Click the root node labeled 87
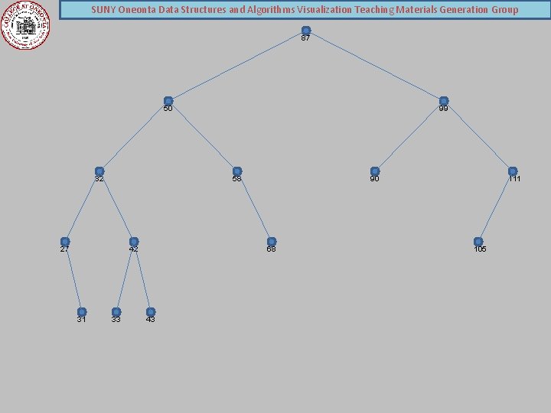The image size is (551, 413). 306,31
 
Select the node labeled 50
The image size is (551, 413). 168,101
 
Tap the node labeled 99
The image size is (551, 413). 444,101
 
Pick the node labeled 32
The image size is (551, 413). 99,171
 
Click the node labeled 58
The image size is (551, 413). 237,171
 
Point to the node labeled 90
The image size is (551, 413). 375,171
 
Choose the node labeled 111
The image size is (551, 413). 513,171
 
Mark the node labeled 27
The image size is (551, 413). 65,242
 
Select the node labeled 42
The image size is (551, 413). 134,242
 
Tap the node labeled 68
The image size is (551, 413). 272,242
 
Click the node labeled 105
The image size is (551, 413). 478,242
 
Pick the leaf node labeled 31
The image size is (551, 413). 82,312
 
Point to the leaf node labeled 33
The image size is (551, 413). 116,312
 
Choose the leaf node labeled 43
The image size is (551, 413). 151,312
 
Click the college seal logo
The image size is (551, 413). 25,24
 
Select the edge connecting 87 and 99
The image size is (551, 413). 375,66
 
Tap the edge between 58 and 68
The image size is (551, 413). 254,206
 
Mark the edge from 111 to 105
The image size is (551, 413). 495,206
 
